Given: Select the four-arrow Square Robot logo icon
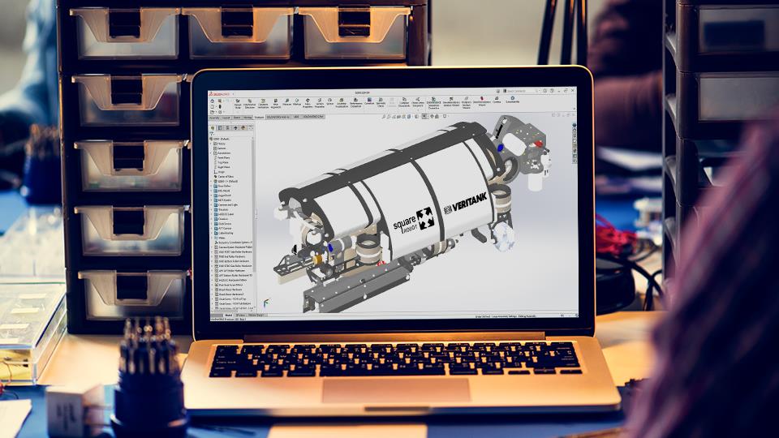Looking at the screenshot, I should (424, 219).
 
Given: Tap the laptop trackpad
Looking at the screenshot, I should (395, 389).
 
